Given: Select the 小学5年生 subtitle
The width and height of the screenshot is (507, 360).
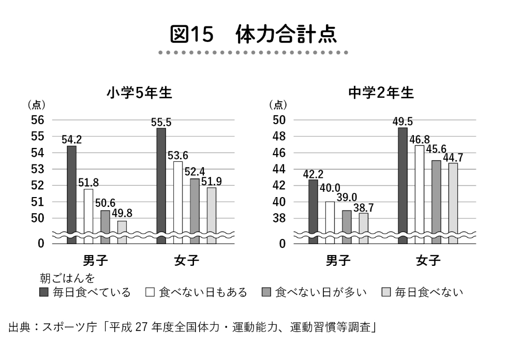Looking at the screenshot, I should click(x=139, y=93).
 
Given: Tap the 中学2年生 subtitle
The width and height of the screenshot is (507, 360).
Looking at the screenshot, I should click(x=381, y=93).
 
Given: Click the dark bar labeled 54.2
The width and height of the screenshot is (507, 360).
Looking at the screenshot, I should click(x=72, y=191).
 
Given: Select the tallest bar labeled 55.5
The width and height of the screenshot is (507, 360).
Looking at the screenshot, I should click(x=161, y=181).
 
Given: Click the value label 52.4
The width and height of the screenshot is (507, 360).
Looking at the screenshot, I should click(x=195, y=171).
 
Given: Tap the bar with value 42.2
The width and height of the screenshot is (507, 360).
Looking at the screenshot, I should click(x=313, y=209).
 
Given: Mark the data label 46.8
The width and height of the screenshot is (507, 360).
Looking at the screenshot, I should click(x=420, y=140).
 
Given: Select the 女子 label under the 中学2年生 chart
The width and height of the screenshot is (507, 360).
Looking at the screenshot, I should click(x=428, y=260).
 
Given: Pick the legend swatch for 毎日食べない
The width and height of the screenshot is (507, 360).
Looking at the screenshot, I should click(x=385, y=293).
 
